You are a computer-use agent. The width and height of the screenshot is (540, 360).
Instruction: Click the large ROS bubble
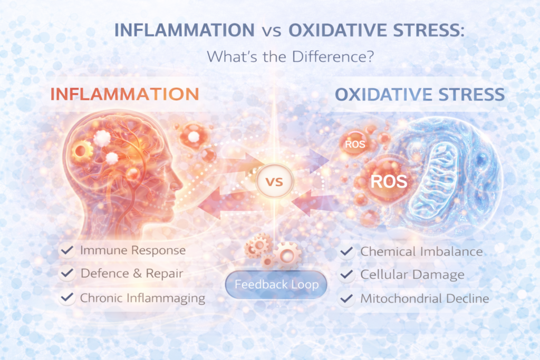click(x=388, y=182)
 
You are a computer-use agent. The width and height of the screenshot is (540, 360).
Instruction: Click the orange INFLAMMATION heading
click(x=124, y=94)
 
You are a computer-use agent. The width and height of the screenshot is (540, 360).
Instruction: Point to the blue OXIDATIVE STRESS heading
click(x=420, y=95)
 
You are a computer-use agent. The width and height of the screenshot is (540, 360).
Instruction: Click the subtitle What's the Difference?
click(x=291, y=56)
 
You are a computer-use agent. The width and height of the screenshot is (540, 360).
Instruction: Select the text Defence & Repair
click(x=132, y=274)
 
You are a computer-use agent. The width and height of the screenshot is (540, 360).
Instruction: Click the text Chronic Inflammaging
click(x=142, y=298)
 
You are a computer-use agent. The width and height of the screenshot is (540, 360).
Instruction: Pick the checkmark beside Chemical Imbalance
click(x=346, y=251)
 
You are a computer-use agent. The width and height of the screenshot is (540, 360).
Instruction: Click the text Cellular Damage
click(x=412, y=275)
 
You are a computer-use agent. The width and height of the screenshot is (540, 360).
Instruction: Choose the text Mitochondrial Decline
click(x=425, y=299)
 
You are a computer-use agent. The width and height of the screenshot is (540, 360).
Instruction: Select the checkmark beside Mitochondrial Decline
click(x=346, y=299)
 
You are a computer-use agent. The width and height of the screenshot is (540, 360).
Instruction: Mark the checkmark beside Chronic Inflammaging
click(x=67, y=298)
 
